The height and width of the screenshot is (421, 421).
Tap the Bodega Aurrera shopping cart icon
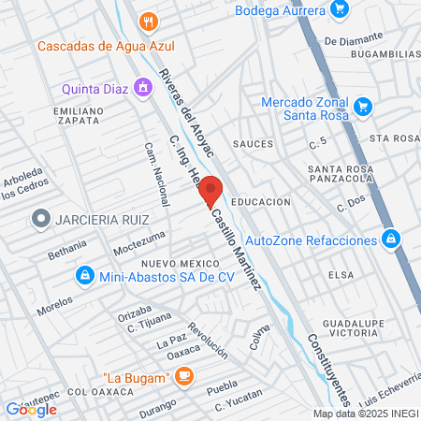pos(341,10)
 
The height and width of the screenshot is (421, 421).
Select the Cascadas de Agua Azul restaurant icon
pos(145,21)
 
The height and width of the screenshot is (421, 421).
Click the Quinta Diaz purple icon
pos(142,89)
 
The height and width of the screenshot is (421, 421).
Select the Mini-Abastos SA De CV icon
pos(85,275)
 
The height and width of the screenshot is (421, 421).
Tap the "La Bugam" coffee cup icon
pos(184,376)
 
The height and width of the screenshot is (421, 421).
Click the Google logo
pos(31,409)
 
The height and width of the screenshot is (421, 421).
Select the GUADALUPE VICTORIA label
pos(348,327)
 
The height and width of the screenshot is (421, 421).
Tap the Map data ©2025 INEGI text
pos(365,414)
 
